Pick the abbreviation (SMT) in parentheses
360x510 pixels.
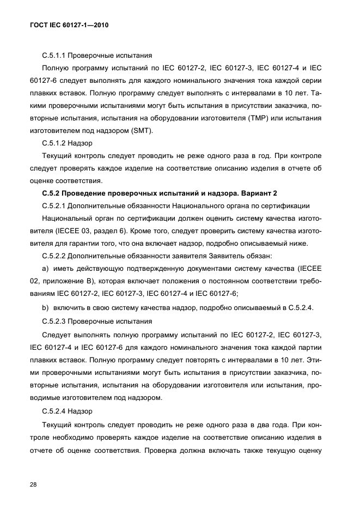click(x=143, y=131)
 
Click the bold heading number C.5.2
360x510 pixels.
click(x=53, y=193)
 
